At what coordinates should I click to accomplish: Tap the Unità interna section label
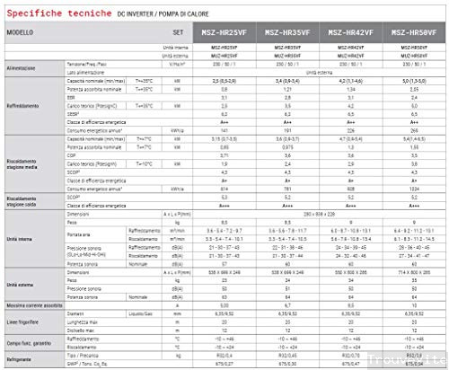(20, 237)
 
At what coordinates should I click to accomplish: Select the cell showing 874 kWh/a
(229, 189)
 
